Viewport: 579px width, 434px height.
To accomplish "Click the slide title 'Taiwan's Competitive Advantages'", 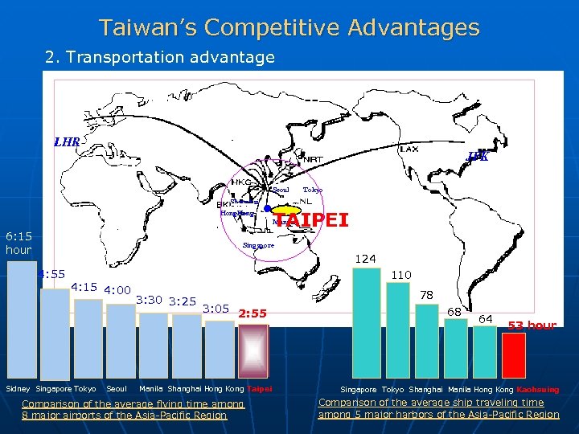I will pos(289,28).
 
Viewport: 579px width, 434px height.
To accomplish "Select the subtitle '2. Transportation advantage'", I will pos(160,57).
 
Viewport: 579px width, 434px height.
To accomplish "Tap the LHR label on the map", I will pos(67,142).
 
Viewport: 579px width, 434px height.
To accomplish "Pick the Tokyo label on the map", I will pos(312,190).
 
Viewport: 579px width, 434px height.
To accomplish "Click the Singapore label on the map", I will pos(258,245).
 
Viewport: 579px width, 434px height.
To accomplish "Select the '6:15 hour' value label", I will pos(18,243).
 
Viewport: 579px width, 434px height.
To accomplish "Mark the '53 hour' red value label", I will pos(532,325).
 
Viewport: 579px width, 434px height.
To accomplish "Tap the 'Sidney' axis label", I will pos(18,389).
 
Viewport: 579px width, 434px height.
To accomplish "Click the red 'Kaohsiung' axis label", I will pos(538,390).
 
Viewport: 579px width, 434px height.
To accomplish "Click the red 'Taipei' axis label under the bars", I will pos(259,389).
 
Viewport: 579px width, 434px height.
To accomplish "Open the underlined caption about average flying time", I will pos(133,409).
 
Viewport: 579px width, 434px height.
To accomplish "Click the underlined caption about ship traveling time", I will pos(438,408).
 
